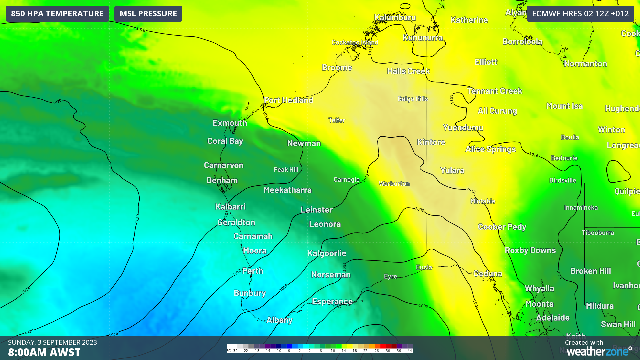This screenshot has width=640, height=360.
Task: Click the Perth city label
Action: pos(253,271)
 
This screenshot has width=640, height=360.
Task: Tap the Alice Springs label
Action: pos(490,149)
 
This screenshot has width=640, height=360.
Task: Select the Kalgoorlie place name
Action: pos(327,253)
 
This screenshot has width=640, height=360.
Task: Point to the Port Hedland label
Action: pos(288,100)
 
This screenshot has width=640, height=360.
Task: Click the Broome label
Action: pos(337,67)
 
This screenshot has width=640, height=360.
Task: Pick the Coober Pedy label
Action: pos(502,227)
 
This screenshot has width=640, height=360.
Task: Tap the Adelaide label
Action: pos(553,317)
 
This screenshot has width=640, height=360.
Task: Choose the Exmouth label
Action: pos(230,123)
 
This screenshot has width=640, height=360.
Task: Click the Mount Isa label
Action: pos(564,106)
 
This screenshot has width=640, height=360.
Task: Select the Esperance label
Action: pos(332,301)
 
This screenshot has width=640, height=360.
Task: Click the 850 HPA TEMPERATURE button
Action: pos(57,14)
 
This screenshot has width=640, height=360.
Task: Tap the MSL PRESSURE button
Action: pos(148,14)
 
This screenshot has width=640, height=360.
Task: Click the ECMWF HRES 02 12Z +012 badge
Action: pos(580,14)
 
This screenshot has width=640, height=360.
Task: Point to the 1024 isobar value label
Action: pos(26,290)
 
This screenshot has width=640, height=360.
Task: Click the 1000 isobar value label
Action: pos(423,306)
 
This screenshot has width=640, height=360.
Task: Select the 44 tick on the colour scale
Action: pos(410,351)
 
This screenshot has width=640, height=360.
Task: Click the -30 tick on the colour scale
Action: pos(234,351)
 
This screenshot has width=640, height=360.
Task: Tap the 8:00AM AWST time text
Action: pos(44,352)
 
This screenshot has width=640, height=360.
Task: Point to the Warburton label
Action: pos(394,184)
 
